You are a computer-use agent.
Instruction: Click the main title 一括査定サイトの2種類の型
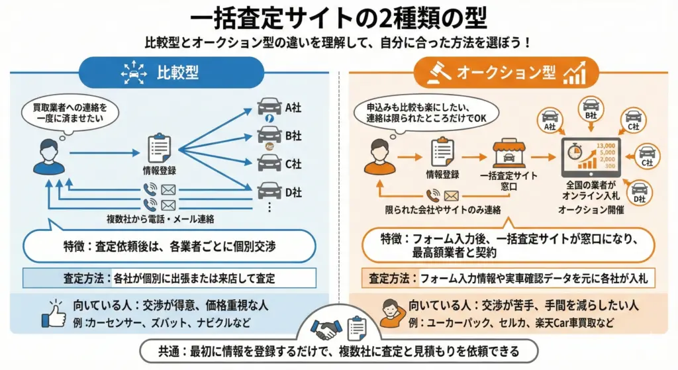coord(338,18)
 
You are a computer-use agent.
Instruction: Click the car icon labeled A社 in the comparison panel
coord(269,107)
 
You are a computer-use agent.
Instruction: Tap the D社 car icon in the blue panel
coord(269,191)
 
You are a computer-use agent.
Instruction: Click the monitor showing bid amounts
coord(590,158)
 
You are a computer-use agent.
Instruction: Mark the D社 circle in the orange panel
coord(638,191)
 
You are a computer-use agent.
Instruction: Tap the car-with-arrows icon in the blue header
coord(135,73)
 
